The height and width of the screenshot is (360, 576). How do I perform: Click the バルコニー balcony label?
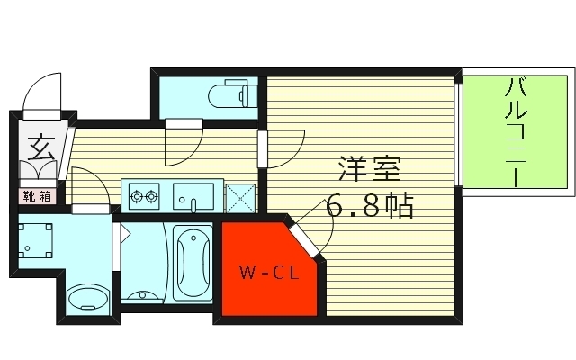[517, 132]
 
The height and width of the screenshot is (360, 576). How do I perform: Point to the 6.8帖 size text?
[370, 207]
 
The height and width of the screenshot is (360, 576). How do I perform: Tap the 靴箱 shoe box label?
[37, 194]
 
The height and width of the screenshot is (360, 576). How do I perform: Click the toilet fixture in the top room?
[229, 94]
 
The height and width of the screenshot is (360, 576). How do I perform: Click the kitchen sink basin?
[193, 194]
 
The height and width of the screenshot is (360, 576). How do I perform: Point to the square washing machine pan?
[37, 240]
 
